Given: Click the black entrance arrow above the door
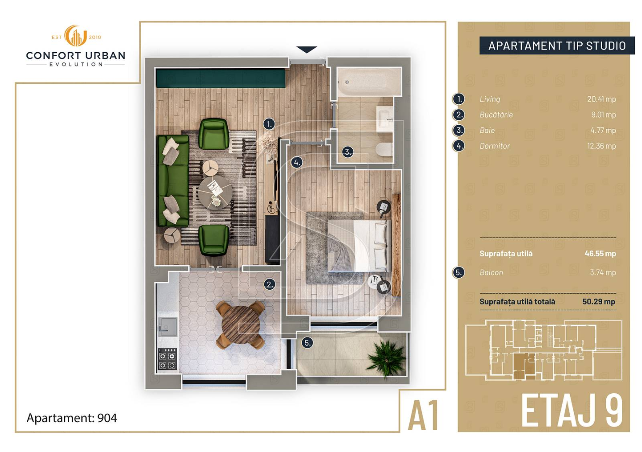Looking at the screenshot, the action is click(307, 49).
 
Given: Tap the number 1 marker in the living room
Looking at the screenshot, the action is click(269, 124).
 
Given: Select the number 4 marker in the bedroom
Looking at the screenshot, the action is click(297, 163).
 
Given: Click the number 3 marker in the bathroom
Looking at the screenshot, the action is click(348, 152).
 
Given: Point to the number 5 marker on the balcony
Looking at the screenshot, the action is click(307, 343).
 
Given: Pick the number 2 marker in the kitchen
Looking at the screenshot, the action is click(270, 284).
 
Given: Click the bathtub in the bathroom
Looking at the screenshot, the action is click(369, 82).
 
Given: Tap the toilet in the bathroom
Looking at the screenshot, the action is click(384, 149).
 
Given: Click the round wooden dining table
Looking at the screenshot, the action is click(241, 325).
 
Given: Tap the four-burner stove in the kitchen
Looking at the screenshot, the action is click(167, 359).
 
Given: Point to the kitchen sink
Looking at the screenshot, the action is click(168, 327).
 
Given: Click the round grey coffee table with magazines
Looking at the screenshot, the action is click(215, 192).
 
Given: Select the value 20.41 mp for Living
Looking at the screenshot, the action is click(601, 99).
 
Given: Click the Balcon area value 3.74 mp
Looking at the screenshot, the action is click(603, 272).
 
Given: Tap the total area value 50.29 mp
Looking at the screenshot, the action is click(599, 301).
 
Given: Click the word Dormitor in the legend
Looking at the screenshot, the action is click(495, 146).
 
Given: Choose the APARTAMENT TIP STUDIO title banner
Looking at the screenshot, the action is click(557, 45).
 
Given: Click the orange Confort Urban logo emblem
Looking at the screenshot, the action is click(75, 36).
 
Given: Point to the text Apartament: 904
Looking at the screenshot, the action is click(71, 418).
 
